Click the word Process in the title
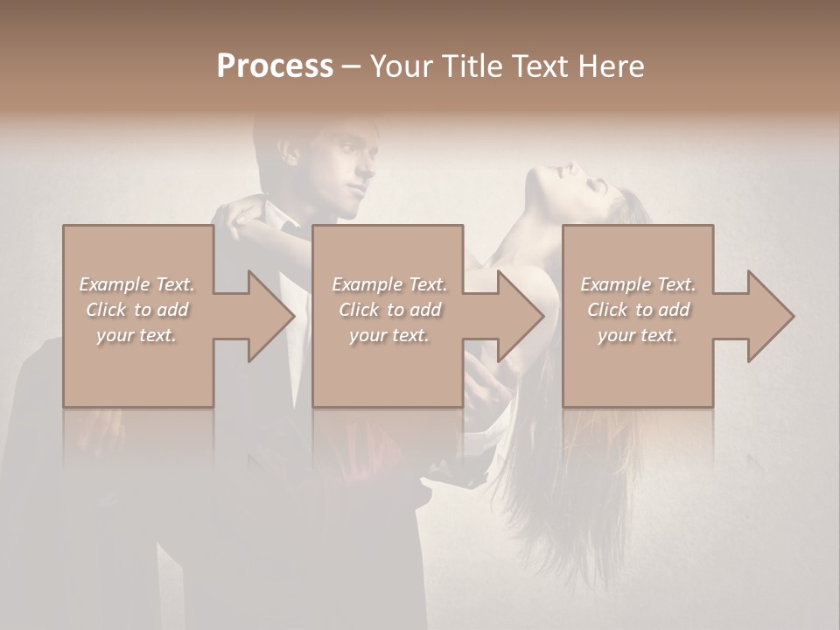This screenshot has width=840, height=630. coord(275,66)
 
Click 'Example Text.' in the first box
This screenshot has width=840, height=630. coord(137,284)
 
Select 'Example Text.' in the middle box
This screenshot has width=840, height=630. coord(389,284)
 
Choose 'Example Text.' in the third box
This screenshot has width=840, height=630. coord(638,284)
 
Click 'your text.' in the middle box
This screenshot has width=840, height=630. coord(388,335)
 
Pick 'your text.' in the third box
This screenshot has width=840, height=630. coord(637,335)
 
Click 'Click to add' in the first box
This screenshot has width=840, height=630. coord(137,310)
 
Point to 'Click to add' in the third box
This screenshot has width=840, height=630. coord(638,310)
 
